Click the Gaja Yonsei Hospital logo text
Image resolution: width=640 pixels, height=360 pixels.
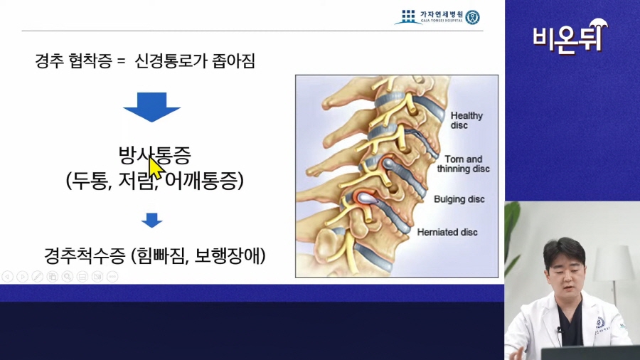pyautogui.click(x=441, y=16)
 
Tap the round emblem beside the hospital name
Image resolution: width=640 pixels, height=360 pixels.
pyautogui.click(x=473, y=17)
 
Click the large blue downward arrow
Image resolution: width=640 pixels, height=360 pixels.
pyautogui.click(x=152, y=107)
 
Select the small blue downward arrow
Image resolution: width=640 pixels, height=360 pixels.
pyautogui.click(x=152, y=220)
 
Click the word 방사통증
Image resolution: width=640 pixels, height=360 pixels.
pyautogui.click(x=155, y=154)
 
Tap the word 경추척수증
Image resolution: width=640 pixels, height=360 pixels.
pyautogui.click(x=85, y=255)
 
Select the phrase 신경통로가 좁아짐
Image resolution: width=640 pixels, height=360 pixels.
pyautogui.click(x=195, y=61)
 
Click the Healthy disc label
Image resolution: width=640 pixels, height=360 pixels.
pyautogui.click(x=466, y=120)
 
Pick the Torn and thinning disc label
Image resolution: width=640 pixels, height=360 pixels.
pyautogui.click(x=463, y=164)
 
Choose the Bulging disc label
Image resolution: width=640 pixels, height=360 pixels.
pyautogui.click(x=459, y=199)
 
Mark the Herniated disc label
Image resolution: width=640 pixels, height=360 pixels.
pyautogui.click(x=447, y=232)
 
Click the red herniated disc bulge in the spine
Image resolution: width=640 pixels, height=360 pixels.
pyautogui.click(x=366, y=198)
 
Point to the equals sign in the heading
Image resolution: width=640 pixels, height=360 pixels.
pyautogui.click(x=120, y=62)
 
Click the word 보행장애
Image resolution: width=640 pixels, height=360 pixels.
pyautogui.click(x=227, y=255)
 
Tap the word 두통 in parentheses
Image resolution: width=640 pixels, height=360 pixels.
pyautogui.click(x=90, y=180)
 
